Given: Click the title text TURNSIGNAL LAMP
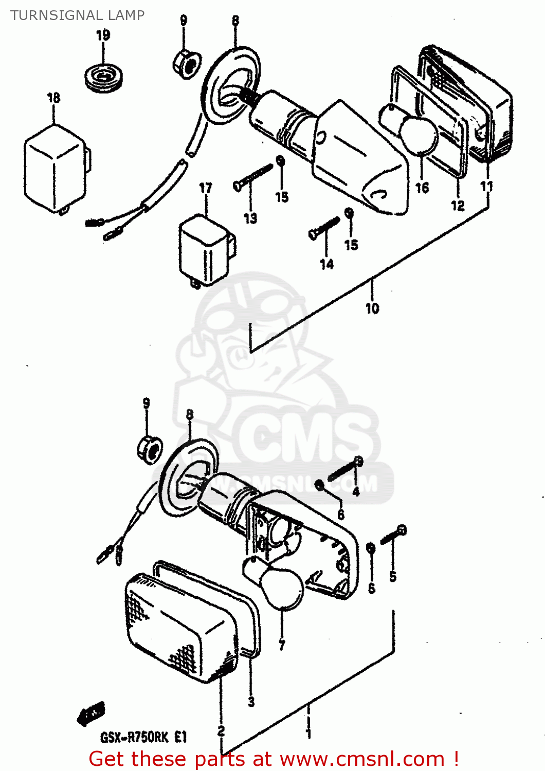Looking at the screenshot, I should [x=78, y=15].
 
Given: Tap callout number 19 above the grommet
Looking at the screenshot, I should [x=103, y=35].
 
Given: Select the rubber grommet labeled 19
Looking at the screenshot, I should [x=103, y=78].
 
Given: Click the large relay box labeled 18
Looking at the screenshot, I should [x=55, y=167].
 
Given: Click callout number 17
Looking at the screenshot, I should [x=206, y=188].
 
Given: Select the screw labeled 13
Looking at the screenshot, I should [x=252, y=176].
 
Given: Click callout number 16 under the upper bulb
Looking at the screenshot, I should [x=422, y=188].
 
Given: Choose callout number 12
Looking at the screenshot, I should [x=458, y=206].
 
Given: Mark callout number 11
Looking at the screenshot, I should [x=486, y=186].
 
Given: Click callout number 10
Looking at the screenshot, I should [x=372, y=308].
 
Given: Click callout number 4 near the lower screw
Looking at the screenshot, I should [x=356, y=492].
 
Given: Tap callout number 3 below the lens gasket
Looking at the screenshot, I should [x=251, y=702].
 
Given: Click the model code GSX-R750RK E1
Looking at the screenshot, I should [x=143, y=738].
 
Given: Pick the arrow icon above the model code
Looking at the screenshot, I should [x=92, y=713].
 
